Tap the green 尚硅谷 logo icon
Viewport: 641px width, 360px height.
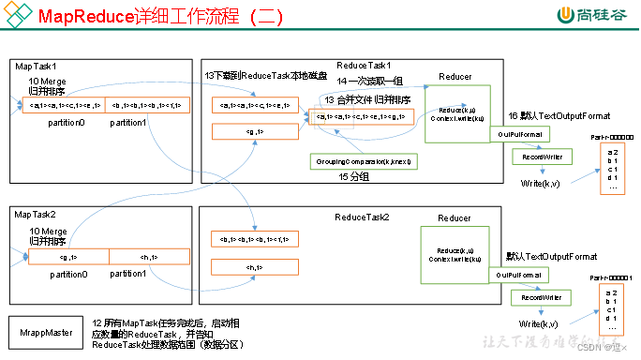coord(566,16)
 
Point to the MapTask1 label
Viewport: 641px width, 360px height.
coord(36,67)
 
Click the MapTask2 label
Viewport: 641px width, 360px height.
coord(36,215)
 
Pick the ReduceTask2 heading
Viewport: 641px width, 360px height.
coord(362,217)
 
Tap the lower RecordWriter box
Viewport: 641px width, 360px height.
coord(540,296)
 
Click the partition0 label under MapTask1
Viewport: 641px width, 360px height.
coord(67,123)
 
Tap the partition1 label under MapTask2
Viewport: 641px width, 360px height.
coord(127,274)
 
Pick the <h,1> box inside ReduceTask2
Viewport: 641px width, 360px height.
coord(254,266)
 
